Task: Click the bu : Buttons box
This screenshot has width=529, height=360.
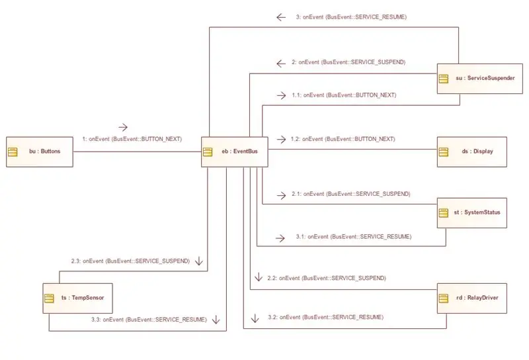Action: pos(40,152)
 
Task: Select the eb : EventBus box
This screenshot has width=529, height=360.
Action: pos(235,152)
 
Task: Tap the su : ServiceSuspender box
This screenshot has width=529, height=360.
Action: pos(480,78)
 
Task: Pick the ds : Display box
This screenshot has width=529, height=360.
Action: pos(472,152)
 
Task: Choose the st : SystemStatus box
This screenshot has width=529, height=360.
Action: pos(472,213)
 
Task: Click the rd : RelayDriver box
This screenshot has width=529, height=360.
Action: pos(472,298)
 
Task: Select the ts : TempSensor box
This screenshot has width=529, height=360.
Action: pos(77,298)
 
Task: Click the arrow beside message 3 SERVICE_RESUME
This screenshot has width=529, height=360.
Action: pos(280,17)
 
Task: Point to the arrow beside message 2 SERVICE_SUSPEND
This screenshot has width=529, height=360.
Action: pos(280,63)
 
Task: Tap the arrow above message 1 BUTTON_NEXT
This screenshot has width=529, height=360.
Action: pos(123,127)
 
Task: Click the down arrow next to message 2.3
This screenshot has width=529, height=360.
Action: pos(199,261)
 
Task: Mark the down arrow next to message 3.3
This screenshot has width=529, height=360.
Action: pos(216,319)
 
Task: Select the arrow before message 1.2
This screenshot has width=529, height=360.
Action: pos(281,139)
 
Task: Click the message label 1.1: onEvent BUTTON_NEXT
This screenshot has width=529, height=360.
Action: pos(344,95)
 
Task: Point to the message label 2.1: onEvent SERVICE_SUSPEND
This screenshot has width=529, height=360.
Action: pos(351,194)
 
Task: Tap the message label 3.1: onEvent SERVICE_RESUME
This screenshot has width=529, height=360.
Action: pos(354,237)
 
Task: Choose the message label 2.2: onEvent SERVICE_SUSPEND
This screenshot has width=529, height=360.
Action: pos(327,279)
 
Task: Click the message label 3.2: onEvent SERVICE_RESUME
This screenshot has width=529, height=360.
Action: pos(325,317)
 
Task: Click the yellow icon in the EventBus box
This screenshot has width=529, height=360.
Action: pos(208,152)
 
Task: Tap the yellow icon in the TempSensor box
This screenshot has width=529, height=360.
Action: pos(49,298)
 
